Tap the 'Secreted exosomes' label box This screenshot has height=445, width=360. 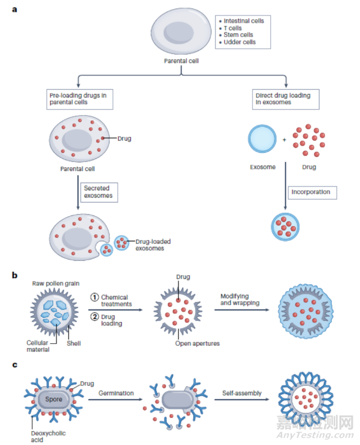click(99, 192)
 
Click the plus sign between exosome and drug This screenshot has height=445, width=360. click(284, 139)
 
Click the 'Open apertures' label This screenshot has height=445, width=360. click(198, 343)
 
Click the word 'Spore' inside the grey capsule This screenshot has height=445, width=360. click(54, 398)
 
